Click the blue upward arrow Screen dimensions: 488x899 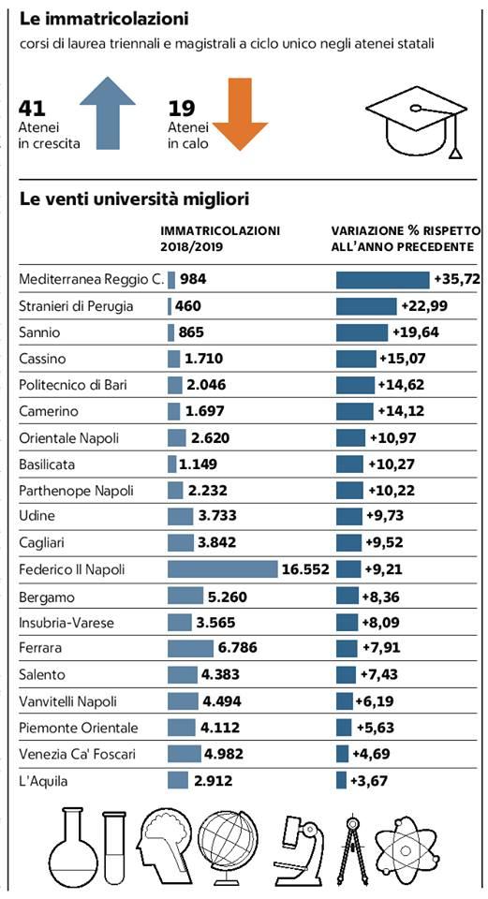[108, 113]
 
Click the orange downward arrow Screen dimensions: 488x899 [241, 114]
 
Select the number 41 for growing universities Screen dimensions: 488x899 [32, 108]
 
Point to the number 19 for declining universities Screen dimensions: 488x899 [181, 108]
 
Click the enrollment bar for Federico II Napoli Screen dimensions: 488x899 [223, 569]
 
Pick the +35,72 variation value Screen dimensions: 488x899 [457, 280]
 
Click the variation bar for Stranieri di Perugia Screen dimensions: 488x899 [366, 306]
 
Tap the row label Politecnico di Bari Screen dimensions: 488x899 [73, 385]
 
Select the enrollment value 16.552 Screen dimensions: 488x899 [305, 569]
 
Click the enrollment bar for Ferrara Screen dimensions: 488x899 [190, 648]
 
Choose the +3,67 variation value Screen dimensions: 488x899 [369, 780]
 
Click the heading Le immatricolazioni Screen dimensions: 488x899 [104, 19]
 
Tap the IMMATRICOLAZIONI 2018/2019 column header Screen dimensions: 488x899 [220, 239]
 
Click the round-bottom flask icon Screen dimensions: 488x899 [72, 847]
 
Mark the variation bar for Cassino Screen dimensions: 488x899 [356, 359]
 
